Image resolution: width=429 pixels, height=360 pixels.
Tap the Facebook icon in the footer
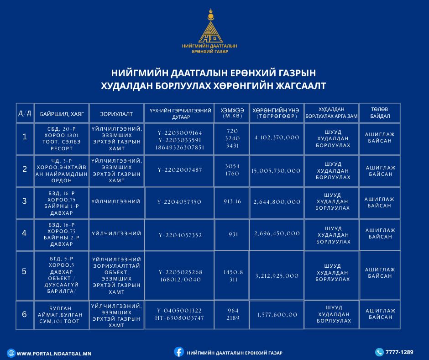pos(179,352)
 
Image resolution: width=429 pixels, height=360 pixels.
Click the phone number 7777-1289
pos(399,352)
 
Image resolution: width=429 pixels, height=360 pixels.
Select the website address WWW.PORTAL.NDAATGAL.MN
pos(54,354)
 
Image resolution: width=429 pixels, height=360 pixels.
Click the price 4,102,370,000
pos(277,137)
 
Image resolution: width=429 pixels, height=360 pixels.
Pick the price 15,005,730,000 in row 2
pos(276,170)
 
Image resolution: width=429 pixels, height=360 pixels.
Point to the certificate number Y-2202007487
pos(180,170)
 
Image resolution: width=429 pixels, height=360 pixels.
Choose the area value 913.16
pos(232,201)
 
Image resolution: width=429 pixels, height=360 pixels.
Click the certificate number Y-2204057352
pos(180,235)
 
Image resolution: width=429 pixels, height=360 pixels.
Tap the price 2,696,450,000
pos(277,233)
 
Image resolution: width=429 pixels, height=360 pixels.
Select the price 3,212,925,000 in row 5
pos(277,275)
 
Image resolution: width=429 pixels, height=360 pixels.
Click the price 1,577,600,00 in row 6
pos(277,314)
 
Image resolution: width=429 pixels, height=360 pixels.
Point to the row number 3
pos(25,201)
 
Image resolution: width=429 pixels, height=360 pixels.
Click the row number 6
pos(25,314)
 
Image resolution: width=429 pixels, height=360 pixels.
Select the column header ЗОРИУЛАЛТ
pos(117,113)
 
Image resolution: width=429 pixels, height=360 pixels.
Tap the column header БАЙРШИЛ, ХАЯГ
pos(62,113)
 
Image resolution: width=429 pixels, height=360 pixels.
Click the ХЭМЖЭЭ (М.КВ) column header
pos(232,113)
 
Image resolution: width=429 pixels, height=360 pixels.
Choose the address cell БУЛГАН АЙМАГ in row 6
pos(62,314)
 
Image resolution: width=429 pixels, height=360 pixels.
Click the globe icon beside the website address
pos(11,353)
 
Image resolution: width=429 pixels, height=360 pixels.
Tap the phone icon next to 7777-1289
pos(379,352)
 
